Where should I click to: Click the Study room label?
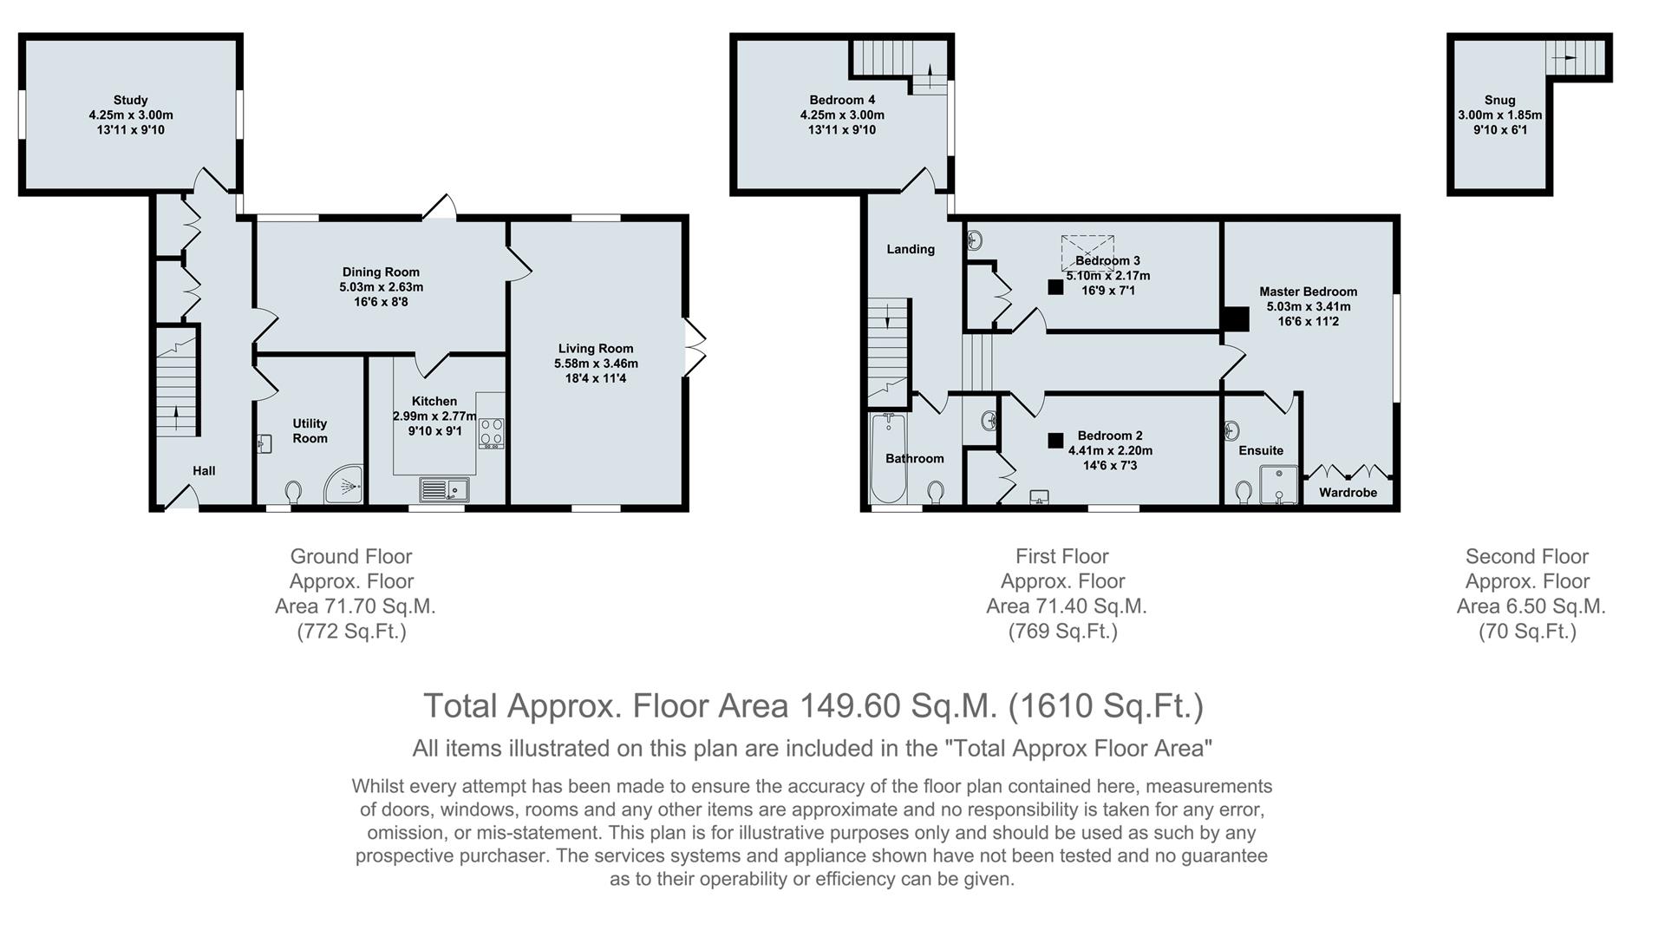[x=130, y=100]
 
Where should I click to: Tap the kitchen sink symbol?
[x=444, y=490]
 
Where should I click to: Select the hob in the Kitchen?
[x=491, y=433]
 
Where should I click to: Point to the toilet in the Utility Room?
[x=293, y=492]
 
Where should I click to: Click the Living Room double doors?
[x=695, y=348]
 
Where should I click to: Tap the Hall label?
[x=204, y=470]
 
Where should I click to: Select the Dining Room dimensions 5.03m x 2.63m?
[x=381, y=287]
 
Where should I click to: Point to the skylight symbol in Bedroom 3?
[x=1088, y=252]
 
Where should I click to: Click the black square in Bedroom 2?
[x=1055, y=441]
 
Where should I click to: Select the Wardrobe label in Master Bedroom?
[x=1348, y=493]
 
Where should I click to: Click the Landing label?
[x=911, y=249]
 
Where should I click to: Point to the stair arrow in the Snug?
[x=1566, y=56]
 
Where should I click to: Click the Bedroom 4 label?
[x=842, y=100]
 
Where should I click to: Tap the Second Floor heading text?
[x=1526, y=556]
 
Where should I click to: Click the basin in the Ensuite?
[x=1232, y=430]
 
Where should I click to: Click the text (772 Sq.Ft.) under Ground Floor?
[x=351, y=631]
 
